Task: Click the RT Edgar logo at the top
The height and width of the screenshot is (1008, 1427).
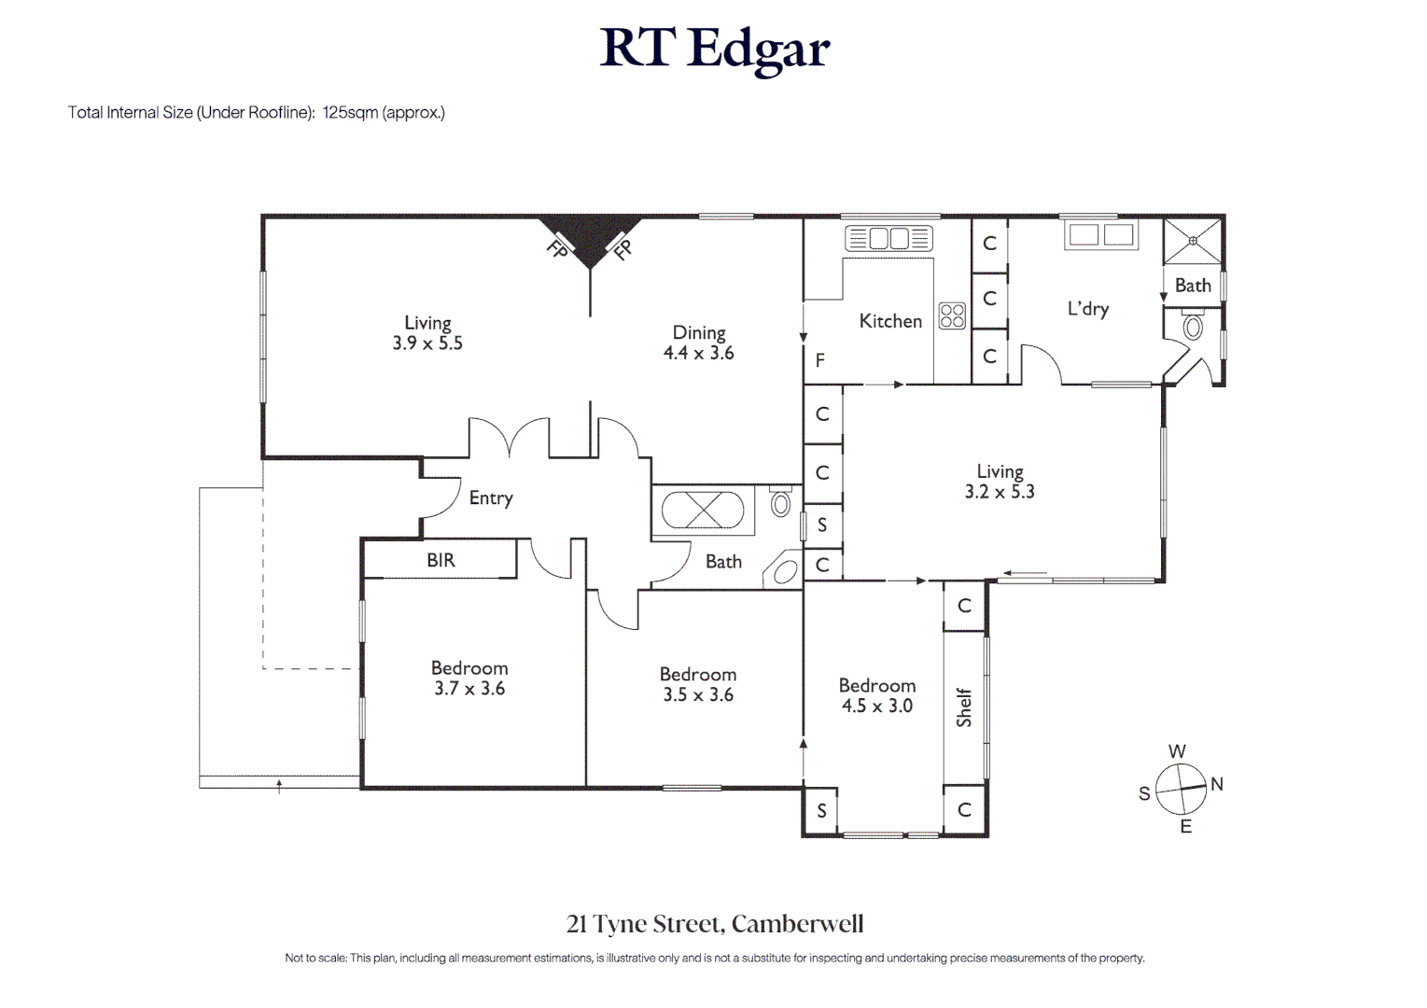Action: [714, 49]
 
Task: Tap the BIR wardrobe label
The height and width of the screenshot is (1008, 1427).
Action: [441, 560]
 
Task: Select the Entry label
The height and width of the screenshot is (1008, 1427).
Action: [491, 498]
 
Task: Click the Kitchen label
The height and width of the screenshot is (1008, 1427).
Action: [890, 321]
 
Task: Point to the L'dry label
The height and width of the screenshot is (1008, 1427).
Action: [1087, 309]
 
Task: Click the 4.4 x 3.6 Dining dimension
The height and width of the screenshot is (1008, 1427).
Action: [698, 354]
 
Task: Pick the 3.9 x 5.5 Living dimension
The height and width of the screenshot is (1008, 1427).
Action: [427, 343]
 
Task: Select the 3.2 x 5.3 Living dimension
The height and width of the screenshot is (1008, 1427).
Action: [1000, 492]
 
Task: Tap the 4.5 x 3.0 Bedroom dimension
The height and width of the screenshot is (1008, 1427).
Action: [876, 707]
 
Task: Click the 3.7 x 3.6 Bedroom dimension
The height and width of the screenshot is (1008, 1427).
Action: [469, 689]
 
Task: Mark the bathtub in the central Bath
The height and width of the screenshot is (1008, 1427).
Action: [704, 511]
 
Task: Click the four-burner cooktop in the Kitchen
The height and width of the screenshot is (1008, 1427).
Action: [952, 315]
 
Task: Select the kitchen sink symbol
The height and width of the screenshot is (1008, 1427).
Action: [888, 239]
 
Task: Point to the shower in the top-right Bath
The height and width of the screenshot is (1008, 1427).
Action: [1193, 241]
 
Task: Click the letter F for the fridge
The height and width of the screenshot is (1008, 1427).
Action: [820, 360]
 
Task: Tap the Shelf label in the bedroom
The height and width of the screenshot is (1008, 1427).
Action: [964, 707]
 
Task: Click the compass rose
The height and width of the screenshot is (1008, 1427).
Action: [1181, 789]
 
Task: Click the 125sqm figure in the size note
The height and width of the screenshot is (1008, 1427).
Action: [350, 113]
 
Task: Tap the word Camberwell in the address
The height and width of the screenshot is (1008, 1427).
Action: [798, 924]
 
